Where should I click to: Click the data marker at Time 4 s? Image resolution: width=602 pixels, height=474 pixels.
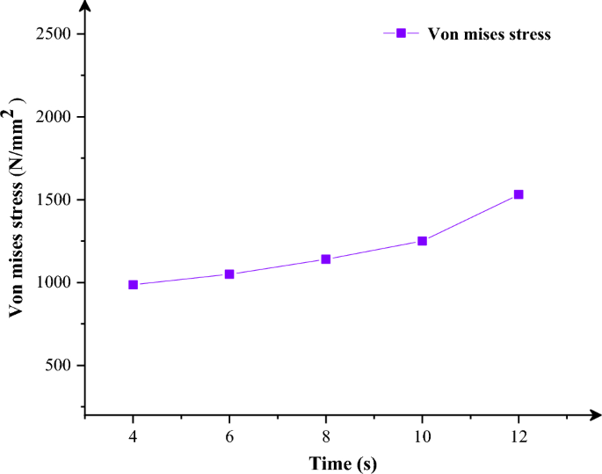click(x=133, y=285)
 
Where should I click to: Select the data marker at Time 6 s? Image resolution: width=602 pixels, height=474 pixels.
click(x=229, y=274)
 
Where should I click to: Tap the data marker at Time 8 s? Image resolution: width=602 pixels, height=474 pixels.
click(x=326, y=259)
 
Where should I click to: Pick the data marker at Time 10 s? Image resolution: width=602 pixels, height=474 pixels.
click(x=422, y=241)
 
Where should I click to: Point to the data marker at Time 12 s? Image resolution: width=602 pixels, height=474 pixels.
click(x=519, y=194)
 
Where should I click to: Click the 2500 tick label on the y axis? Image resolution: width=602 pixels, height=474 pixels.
click(x=55, y=34)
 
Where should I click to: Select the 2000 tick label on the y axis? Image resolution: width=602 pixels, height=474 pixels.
click(x=55, y=117)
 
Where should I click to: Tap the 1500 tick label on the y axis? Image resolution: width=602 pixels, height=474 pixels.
click(x=55, y=200)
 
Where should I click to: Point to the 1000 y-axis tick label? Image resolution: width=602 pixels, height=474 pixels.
click(x=55, y=282)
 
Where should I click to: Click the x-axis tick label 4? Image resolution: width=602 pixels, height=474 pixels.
click(x=133, y=435)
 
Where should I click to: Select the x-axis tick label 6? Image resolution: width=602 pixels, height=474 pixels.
click(x=229, y=435)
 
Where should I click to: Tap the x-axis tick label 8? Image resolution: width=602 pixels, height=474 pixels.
click(x=326, y=435)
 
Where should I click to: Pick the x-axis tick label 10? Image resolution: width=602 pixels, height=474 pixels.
click(x=422, y=435)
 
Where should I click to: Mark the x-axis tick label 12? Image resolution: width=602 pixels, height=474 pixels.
click(x=519, y=435)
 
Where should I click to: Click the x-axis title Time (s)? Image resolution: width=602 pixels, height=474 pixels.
click(x=342, y=462)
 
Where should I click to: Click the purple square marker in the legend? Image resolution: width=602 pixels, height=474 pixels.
click(x=401, y=33)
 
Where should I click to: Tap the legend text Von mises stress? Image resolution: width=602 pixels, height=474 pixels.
click(x=489, y=34)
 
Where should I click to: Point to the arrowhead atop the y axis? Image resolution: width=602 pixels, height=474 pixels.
click(x=85, y=7)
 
